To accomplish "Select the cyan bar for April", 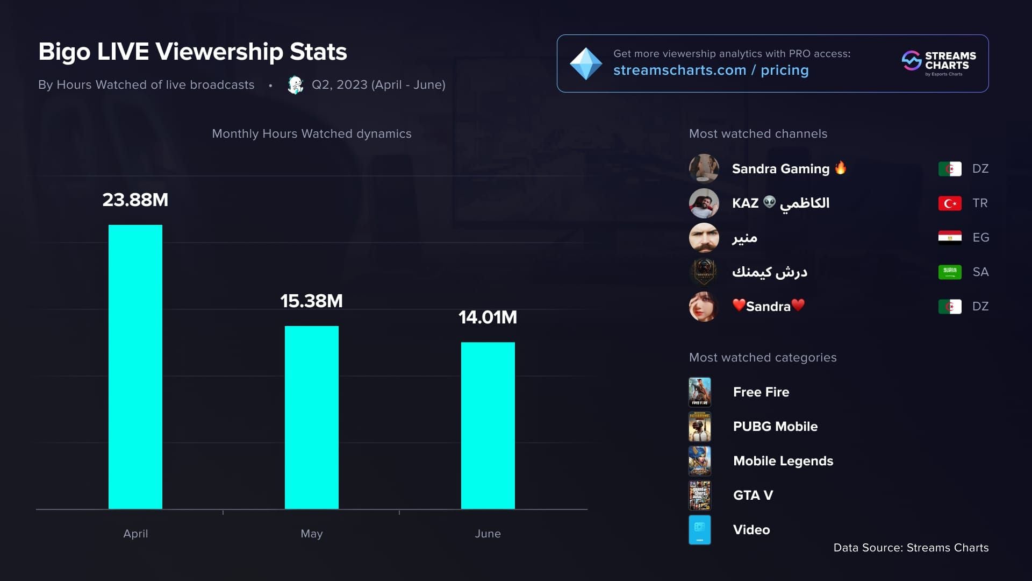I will coord(135,366).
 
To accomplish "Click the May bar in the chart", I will coord(312,417).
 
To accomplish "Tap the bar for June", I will coord(488,425).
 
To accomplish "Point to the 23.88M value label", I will coord(135,200).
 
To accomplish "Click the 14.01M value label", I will coord(488,317).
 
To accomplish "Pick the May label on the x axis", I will coord(312,534).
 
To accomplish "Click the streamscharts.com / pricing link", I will coord(711,70).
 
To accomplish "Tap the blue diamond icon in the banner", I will coord(585,64).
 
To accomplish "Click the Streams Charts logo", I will coord(939,63).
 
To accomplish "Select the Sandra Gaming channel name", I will coord(780,169).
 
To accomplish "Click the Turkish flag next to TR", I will coord(950,203).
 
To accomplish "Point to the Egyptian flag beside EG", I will coord(950,237).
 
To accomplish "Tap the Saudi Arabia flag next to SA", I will coord(950,272).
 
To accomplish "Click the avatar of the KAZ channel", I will coord(704,203).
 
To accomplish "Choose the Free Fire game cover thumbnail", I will coord(700,392).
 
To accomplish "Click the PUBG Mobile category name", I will coord(775,427).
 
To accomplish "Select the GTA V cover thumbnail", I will coord(700,495).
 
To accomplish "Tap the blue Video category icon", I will coord(700,530).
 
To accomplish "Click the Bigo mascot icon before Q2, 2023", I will coord(295,85).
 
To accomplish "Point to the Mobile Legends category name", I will coord(783,461).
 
